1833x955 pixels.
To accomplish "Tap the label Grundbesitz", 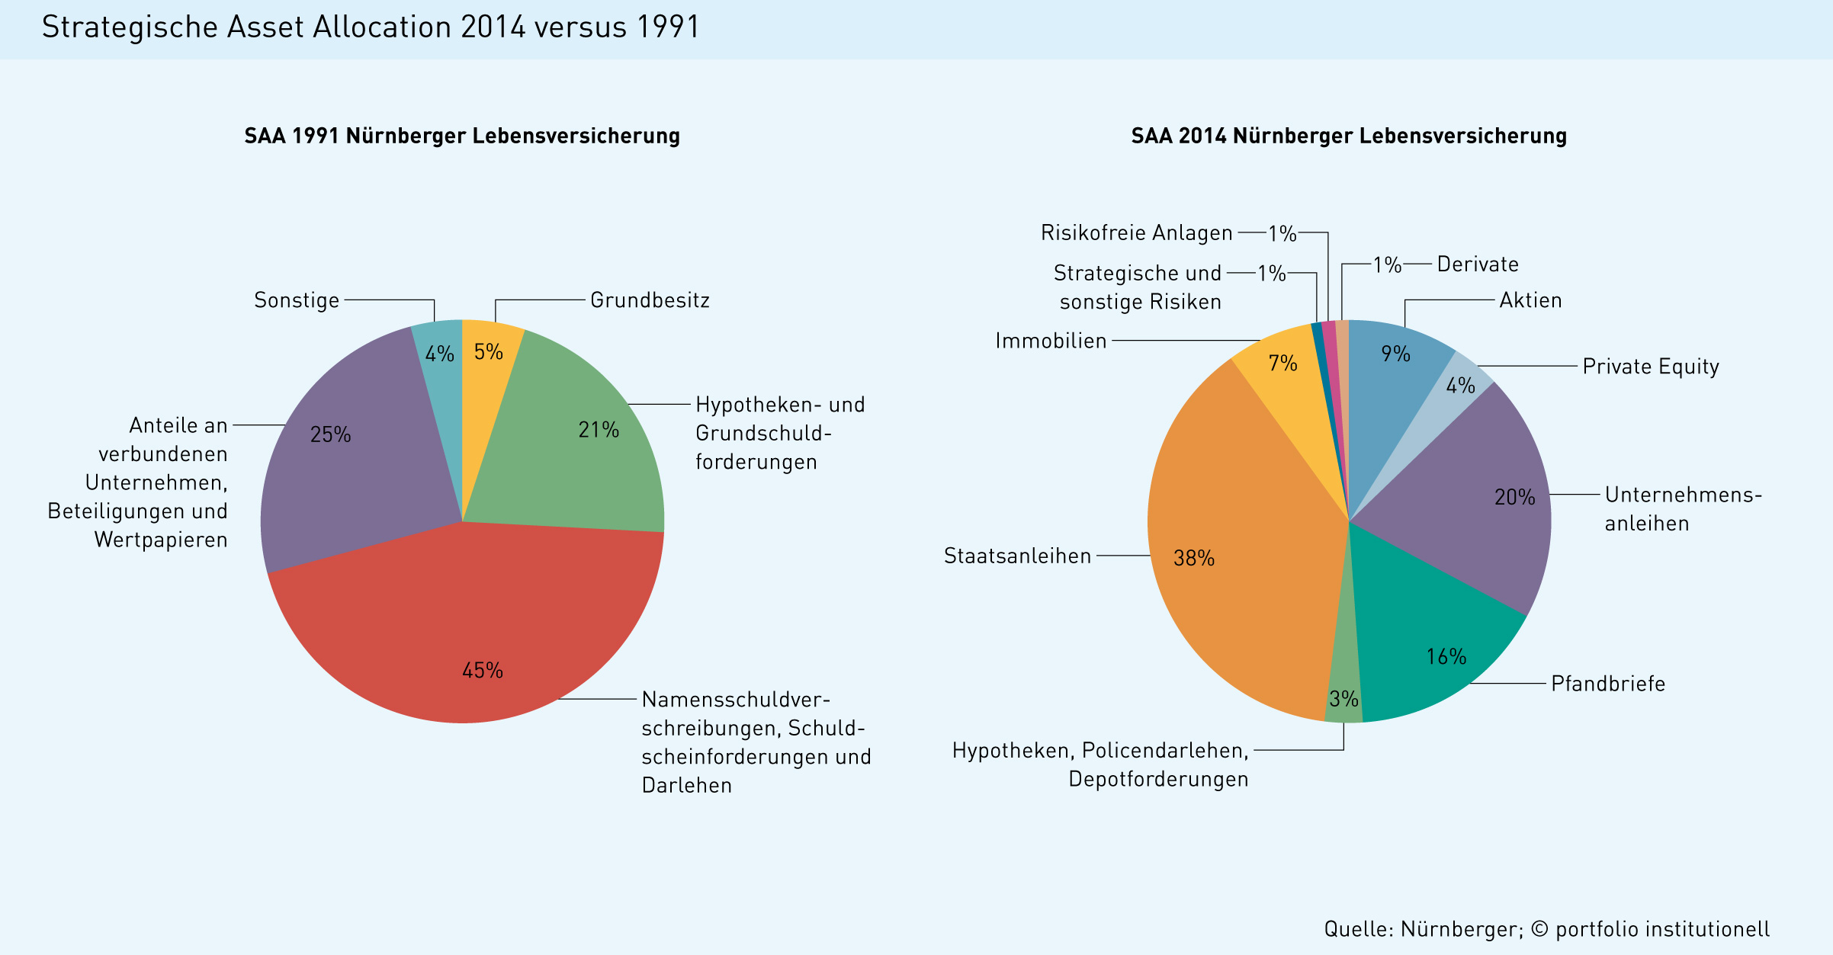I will pyautogui.click(x=650, y=300).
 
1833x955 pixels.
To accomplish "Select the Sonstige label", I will pyautogui.click(x=297, y=300).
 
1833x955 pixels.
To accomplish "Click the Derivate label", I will pyautogui.click(x=1478, y=264).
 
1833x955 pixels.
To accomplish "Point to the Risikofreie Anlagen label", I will pyautogui.click(x=1136, y=232).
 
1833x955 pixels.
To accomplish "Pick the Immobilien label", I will pyautogui.click(x=1051, y=341).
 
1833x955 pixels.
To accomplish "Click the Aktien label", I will pyautogui.click(x=1530, y=300).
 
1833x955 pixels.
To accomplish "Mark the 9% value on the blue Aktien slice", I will pyautogui.click(x=1395, y=354).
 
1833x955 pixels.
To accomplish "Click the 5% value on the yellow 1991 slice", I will pyautogui.click(x=489, y=352).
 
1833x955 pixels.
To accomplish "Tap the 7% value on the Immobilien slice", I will pyautogui.click(x=1282, y=363).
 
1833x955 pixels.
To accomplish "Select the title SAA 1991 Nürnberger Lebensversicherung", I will pyautogui.click(x=462, y=136).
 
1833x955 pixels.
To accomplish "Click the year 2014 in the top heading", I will pyautogui.click(x=493, y=27).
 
